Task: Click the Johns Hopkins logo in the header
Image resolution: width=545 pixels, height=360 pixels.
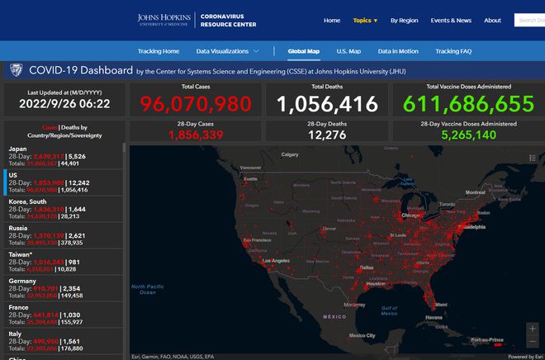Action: pyautogui.click(x=164, y=20)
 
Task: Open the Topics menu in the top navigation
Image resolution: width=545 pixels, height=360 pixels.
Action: pyautogui.click(x=365, y=21)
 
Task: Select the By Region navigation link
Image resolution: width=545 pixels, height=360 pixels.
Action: pyautogui.click(x=404, y=21)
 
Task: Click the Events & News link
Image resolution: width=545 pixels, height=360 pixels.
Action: pyautogui.click(x=451, y=21)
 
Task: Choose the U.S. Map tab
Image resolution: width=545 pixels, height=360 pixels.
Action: pyautogui.click(x=348, y=51)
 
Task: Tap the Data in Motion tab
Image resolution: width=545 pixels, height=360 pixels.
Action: pyautogui.click(x=398, y=51)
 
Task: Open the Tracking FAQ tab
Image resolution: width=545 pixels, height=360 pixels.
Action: pyautogui.click(x=453, y=51)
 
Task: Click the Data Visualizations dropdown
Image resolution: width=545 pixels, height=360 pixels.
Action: pyautogui.click(x=227, y=51)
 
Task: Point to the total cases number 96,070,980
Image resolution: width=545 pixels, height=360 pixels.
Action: pyautogui.click(x=195, y=104)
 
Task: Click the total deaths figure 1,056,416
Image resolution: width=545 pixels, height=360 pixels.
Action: pyautogui.click(x=327, y=104)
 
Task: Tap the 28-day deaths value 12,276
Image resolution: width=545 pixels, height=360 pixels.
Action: pyautogui.click(x=327, y=135)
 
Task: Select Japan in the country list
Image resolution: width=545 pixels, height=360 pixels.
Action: pyautogui.click(x=17, y=149)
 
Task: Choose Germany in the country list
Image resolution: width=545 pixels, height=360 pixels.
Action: pyautogui.click(x=22, y=281)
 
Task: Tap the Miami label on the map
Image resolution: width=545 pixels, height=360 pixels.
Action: pyautogui.click(x=442, y=304)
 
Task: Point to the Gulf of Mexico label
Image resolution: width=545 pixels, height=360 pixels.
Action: pyautogui.click(x=390, y=310)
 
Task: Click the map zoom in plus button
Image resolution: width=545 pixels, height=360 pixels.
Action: pyautogui.click(x=531, y=328)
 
